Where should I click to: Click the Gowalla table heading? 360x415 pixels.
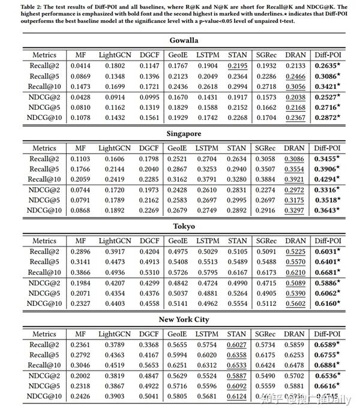[x=180, y=40]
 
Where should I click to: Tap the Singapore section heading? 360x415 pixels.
[x=180, y=134]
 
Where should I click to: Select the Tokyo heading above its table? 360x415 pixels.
[x=180, y=227]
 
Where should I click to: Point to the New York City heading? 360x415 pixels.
[x=180, y=320]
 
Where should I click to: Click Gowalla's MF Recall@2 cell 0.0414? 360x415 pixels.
[x=80, y=66]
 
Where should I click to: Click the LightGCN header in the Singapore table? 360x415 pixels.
[x=114, y=148]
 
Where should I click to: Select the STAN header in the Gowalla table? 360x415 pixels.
[x=238, y=55]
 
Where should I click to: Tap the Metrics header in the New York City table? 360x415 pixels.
[x=44, y=334]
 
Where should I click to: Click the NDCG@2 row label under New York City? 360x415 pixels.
[x=46, y=375]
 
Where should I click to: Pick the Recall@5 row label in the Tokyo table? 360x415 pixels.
[x=46, y=262]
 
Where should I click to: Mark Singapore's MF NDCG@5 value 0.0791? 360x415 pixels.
[x=80, y=200]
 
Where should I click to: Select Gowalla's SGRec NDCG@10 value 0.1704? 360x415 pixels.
[x=266, y=118]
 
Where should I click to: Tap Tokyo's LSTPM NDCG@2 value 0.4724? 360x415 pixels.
[x=207, y=283]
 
